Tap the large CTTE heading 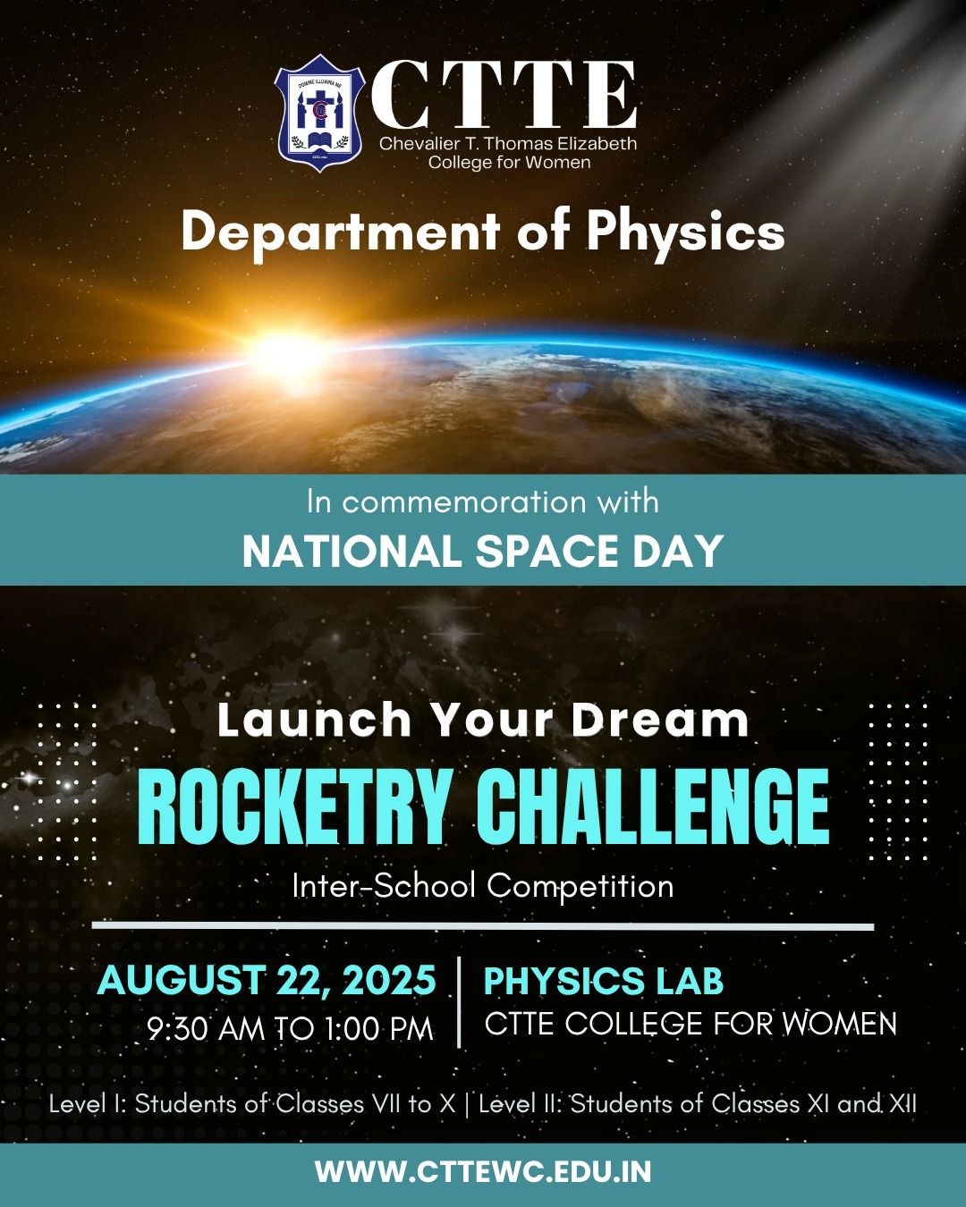pos(504,94)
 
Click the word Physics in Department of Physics pos(685,235)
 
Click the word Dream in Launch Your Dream pos(660,720)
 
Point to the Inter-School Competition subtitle pos(483,886)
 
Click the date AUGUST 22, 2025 pos(267,980)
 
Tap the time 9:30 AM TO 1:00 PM pos(290,1029)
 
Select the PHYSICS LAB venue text pos(604,980)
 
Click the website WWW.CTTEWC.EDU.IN pos(483,1172)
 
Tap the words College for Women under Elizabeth pos(509,163)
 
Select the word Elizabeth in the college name pos(597,144)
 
